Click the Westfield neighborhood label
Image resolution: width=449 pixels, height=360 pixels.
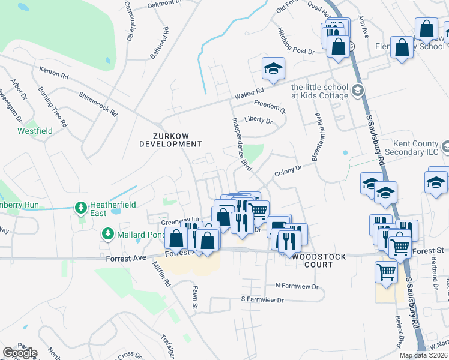(35, 131)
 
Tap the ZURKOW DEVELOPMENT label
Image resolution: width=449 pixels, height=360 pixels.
(170, 140)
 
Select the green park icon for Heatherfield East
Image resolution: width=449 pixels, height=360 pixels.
(80, 208)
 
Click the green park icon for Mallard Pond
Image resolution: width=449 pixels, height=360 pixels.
(107, 233)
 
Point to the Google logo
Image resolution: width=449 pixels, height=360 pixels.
(20, 353)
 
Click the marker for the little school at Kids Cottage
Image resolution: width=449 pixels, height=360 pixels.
(358, 91)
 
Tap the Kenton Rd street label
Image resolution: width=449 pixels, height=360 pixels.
(54, 73)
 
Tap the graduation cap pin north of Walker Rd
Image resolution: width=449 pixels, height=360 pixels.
(273, 70)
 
